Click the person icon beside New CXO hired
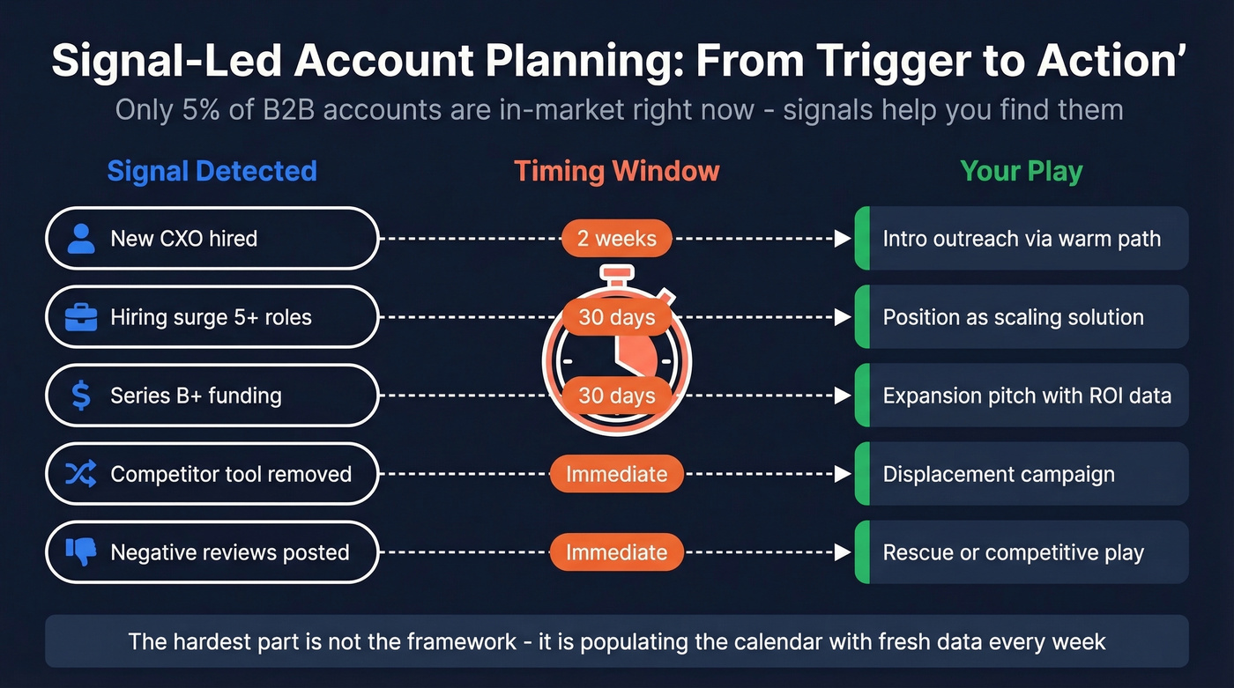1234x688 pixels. pos(81,239)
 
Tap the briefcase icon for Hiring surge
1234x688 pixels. pos(81,317)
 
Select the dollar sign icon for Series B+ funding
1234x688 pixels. pos(81,396)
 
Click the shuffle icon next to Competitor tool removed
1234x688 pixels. pos(81,474)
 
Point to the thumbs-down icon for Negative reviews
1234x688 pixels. pos(81,552)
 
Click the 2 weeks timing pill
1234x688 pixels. pos(617,239)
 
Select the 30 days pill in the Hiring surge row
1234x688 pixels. pos(617,317)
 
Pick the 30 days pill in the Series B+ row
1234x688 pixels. pos(617,396)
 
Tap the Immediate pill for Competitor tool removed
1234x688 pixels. pos(617,474)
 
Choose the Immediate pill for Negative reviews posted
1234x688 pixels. pos(617,552)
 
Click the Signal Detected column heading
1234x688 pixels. pos(212,171)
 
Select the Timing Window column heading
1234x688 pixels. pos(617,171)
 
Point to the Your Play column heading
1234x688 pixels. pos(1022,171)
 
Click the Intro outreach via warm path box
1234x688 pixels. pos(1022,239)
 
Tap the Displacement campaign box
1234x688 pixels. pos(1022,474)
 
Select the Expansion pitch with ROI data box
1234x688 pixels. pos(1022,396)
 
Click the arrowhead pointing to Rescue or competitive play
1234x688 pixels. pos(843,552)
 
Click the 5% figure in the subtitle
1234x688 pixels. pos(198,110)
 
